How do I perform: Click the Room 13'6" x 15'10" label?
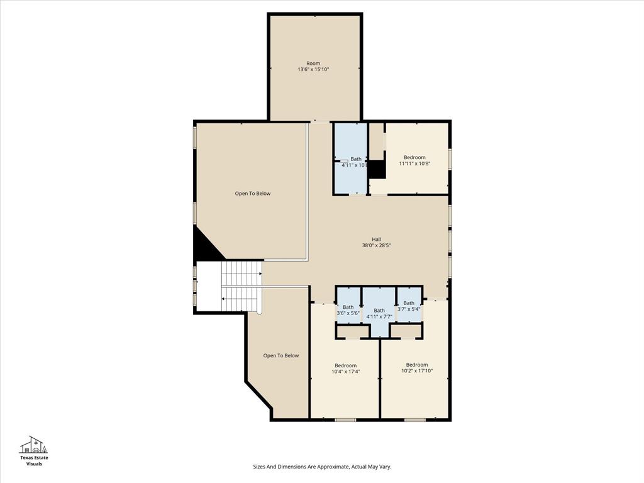pyautogui.click(x=313, y=67)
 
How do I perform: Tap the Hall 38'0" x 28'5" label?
pyautogui.click(x=376, y=242)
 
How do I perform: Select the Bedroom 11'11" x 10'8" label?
pyautogui.click(x=414, y=160)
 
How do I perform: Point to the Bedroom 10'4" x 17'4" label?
pyautogui.click(x=345, y=369)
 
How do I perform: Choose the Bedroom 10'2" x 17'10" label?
pyautogui.click(x=416, y=368)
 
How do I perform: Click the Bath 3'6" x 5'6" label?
pyautogui.click(x=348, y=310)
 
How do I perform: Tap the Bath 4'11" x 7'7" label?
pyautogui.click(x=379, y=313)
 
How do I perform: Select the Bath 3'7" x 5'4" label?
pyautogui.click(x=409, y=306)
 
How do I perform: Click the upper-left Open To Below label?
pyautogui.click(x=253, y=194)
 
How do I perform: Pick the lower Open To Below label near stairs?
pyautogui.click(x=280, y=356)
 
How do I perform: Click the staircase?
pyautogui.click(x=241, y=286)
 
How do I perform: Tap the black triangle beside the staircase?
pyautogui.click(x=206, y=247)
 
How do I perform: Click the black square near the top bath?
pyautogui.click(x=377, y=169)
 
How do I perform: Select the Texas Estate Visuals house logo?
pyautogui.click(x=34, y=445)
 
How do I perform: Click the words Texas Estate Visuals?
pyautogui.click(x=34, y=460)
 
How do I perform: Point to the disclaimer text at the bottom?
pyautogui.click(x=322, y=467)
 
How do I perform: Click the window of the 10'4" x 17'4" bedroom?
pyautogui.click(x=345, y=419)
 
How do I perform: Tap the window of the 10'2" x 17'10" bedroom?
pyautogui.click(x=414, y=419)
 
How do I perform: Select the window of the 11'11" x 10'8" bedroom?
pyautogui.click(x=450, y=158)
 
